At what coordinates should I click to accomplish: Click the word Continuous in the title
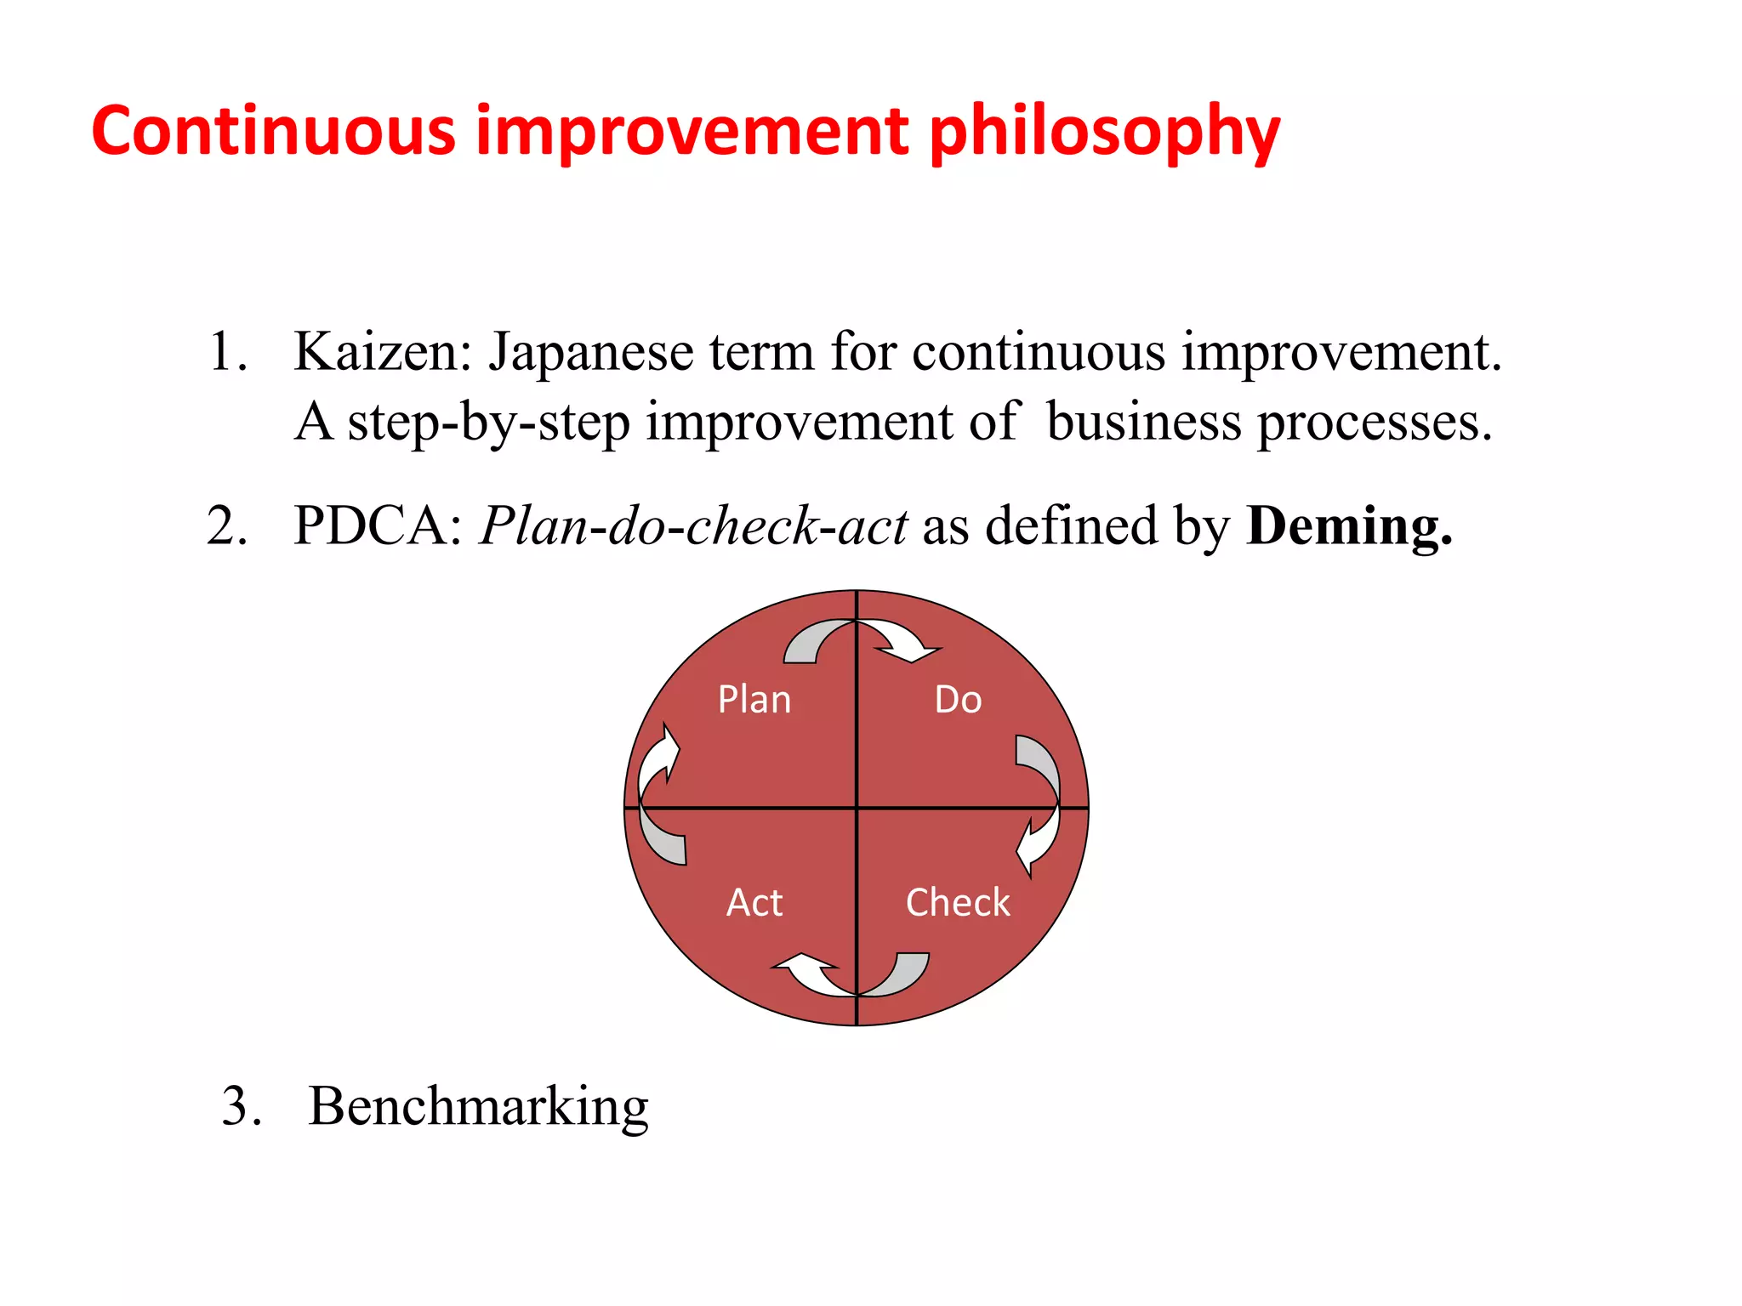pyautogui.click(x=274, y=132)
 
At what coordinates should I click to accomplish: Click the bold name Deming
pyautogui.click(x=1349, y=525)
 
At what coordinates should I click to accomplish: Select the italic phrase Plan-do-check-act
pyautogui.click(x=693, y=525)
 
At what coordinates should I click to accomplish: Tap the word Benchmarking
pyautogui.click(x=478, y=1107)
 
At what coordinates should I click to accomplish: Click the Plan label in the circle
pyautogui.click(x=754, y=700)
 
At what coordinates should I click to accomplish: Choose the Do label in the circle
pyautogui.click(x=958, y=700)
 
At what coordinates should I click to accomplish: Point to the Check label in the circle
pyautogui.click(x=958, y=902)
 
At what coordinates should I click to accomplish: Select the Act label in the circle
pyautogui.click(x=754, y=902)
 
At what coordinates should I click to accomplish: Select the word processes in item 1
pyautogui.click(x=1375, y=422)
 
